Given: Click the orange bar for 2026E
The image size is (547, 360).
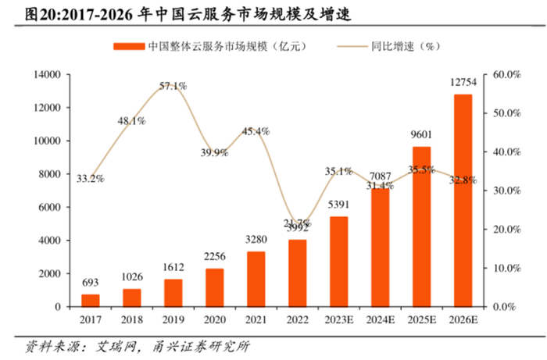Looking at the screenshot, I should click(x=463, y=201).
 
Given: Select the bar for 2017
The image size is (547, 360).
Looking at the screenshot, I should click(x=91, y=301).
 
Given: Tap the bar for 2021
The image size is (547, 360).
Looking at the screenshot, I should click(x=256, y=279).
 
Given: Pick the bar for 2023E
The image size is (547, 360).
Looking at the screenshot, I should click(x=339, y=262).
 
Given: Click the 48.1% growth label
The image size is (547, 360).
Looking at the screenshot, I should click(x=132, y=120).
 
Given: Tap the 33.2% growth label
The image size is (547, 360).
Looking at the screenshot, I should click(x=91, y=179).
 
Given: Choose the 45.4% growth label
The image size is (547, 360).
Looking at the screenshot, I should click(x=256, y=130).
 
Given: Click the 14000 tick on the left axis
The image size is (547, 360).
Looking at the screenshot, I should click(x=45, y=75).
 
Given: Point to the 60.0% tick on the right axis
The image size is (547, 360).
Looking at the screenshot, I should click(x=506, y=75).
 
